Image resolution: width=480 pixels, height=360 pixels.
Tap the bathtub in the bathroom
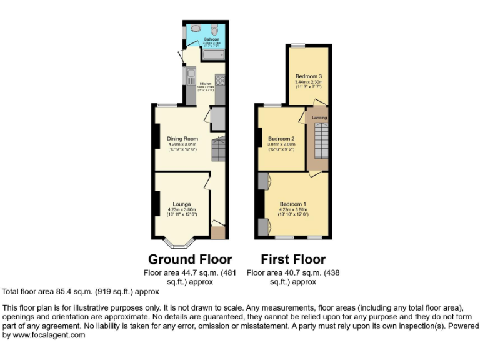212,56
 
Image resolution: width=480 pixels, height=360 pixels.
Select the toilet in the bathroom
214,29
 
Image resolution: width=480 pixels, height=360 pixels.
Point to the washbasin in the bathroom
194,29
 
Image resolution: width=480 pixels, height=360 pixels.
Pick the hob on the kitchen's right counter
220,79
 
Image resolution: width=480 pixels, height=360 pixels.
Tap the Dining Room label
182,138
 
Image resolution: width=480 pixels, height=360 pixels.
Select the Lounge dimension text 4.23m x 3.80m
182,209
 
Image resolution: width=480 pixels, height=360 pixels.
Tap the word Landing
319,117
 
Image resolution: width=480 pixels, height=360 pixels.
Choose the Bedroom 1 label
292,204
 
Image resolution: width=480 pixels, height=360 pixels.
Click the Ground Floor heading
190,259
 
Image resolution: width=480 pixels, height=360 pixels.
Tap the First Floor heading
293,259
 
